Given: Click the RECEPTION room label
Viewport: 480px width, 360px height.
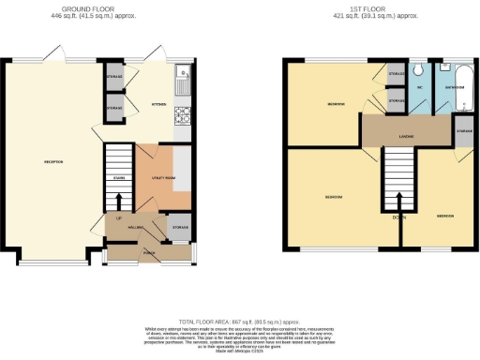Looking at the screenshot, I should coord(53,161).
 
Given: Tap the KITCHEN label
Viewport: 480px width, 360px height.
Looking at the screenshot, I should coord(158,105).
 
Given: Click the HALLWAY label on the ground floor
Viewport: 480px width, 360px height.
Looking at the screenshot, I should coord(134,228).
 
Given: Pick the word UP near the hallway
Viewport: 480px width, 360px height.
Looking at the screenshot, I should coord(118,218).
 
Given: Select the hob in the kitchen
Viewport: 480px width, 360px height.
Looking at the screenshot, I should coord(183,119).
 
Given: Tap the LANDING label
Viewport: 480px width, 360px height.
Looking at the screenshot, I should coord(406,137).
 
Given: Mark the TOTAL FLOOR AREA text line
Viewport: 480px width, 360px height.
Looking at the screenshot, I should coord(240,322).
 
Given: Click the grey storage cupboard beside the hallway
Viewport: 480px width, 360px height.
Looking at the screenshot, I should coord(180,228).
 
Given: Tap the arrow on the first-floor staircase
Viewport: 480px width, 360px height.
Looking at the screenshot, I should coord(398,199).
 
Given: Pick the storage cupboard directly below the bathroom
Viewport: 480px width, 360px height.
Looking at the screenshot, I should coord(464,129).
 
